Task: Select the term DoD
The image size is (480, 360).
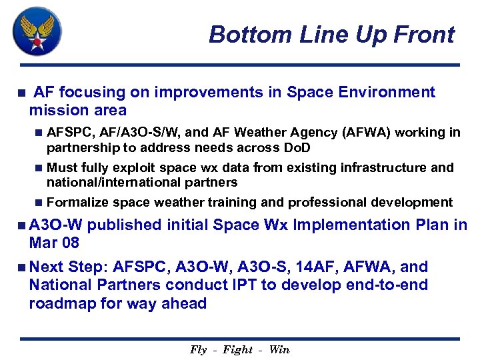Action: [x=297, y=147]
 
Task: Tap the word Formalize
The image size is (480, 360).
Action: [x=78, y=202]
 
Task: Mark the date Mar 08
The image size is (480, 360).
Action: [x=54, y=242]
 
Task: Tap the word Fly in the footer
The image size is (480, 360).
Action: [x=198, y=349]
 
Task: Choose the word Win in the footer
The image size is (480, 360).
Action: [x=279, y=349]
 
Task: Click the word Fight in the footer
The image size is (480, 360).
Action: [x=238, y=349]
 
